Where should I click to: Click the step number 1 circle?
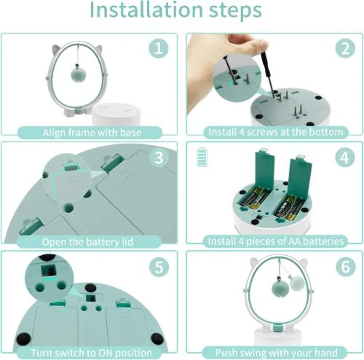point(158,49)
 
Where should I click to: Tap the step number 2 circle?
point(343,49)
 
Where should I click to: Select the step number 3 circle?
point(158,158)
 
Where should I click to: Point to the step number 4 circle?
point(343,158)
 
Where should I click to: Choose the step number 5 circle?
point(158,267)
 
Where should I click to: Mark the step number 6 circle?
point(343,267)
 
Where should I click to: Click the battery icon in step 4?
point(201,158)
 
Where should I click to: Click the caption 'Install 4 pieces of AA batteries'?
point(274,241)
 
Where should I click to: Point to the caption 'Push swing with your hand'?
point(274,351)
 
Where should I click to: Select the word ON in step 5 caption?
point(103,351)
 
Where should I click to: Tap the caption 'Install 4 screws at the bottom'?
point(274,132)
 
